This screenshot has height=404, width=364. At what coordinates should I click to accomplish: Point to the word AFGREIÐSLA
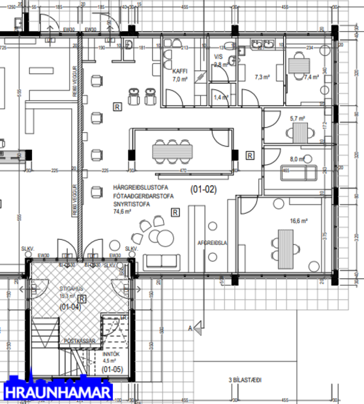click(211, 242)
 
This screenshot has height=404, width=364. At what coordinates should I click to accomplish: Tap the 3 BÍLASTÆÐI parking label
click(245, 380)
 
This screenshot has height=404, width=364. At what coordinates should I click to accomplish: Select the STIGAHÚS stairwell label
click(72, 286)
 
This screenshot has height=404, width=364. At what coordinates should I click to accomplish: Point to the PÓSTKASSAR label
click(79, 341)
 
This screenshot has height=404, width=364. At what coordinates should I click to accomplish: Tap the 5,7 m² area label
click(297, 119)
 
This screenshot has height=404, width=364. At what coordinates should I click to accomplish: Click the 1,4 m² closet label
click(220, 97)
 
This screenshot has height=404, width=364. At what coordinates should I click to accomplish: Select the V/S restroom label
click(219, 57)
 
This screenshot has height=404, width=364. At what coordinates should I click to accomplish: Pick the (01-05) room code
click(113, 369)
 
